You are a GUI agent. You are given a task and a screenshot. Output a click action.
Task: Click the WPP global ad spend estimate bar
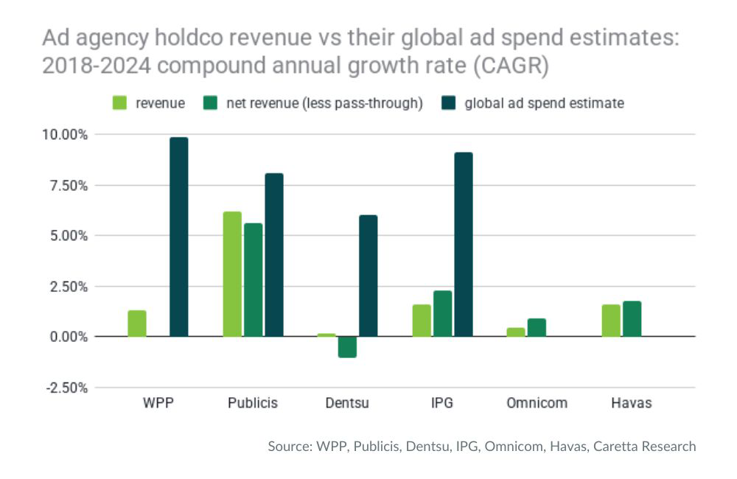coord(179,237)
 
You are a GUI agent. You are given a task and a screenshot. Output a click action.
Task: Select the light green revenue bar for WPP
coord(137,324)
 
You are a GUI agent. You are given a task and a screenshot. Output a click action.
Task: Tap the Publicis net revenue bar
coord(253,280)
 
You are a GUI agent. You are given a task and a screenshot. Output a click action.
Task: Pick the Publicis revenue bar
coord(232,274)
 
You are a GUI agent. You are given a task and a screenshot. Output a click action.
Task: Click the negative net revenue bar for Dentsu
coord(347,347)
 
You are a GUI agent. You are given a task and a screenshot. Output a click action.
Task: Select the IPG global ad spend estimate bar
coord(464,245)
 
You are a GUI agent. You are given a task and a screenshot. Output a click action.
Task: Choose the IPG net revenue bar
coord(443,314)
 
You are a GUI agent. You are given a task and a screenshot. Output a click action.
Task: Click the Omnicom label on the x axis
coord(537,404)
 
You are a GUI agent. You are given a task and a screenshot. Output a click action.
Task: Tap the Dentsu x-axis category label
coord(347,404)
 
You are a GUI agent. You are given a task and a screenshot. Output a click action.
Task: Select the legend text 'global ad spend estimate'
coord(544,103)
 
